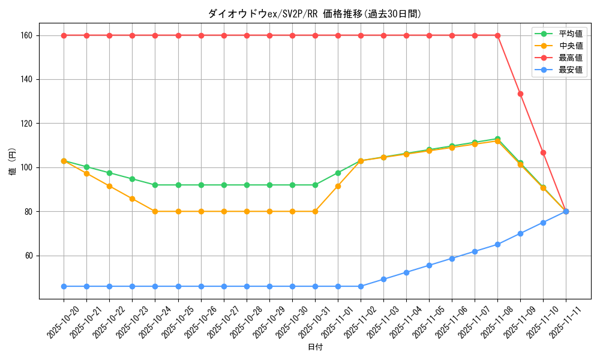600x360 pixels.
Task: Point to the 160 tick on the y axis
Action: coord(32,35)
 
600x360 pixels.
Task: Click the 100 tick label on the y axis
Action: coord(32,167)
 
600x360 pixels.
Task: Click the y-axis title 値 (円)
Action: coord(13,163)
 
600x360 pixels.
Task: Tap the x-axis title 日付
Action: coord(315,347)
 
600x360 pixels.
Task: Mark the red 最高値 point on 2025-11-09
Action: coord(520,94)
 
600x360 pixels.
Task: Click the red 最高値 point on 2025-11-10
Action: coord(543,152)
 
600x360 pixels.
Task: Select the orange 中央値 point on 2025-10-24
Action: coord(155,211)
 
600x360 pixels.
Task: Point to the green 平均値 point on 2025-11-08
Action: coord(497,139)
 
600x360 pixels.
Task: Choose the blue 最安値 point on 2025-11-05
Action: coord(429,265)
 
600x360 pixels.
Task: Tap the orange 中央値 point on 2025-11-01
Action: coord(338,186)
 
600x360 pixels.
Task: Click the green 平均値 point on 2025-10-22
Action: coord(109,173)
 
